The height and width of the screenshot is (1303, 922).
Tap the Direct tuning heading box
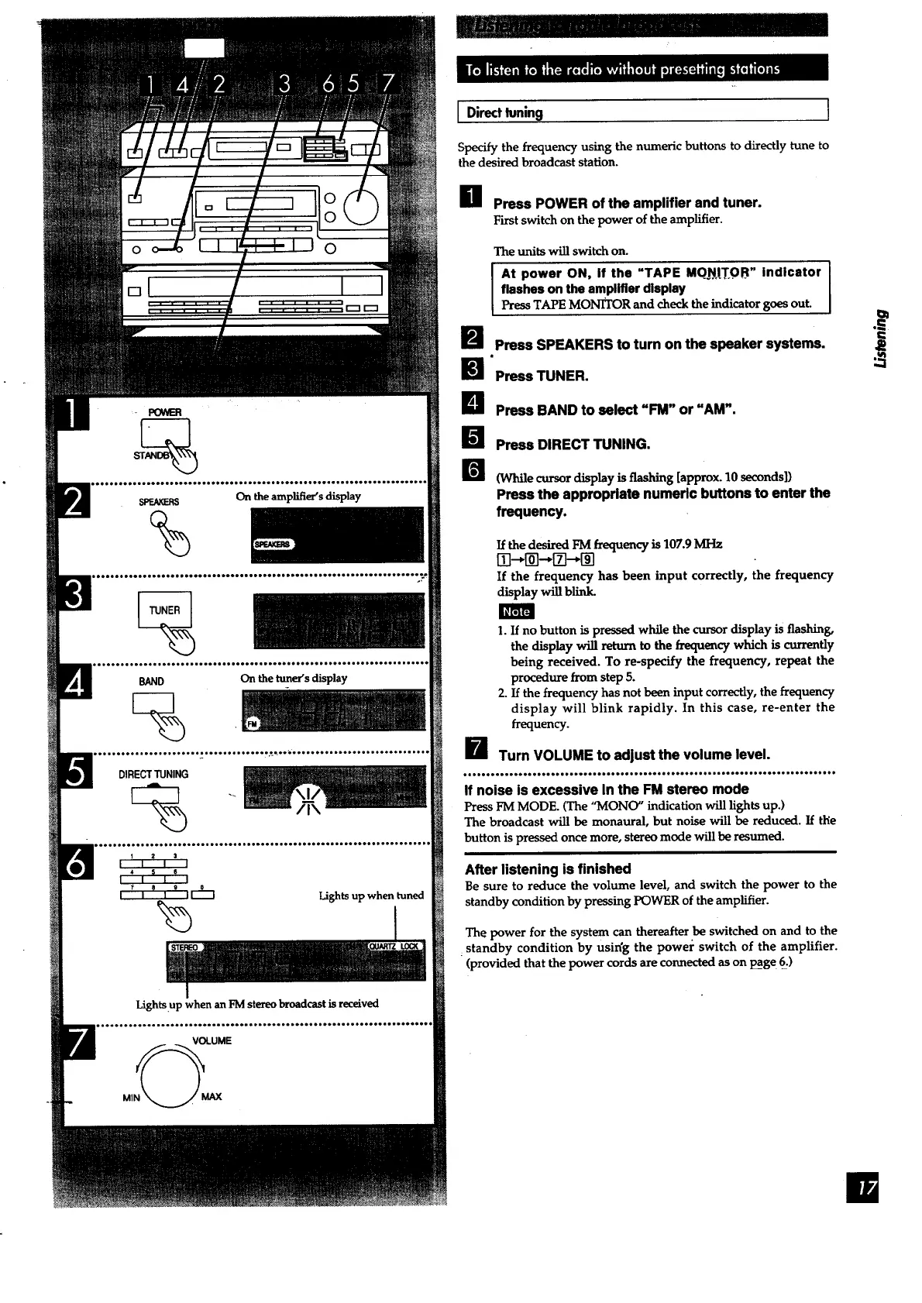pos(643,112)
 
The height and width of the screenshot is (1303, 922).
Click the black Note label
pos(516,611)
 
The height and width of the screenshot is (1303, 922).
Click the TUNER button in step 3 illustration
pos(164,610)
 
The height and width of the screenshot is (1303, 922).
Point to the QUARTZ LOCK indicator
pos(394,946)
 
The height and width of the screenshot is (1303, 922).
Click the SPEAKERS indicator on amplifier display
pos(270,545)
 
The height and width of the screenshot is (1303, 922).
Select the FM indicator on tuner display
pos(251,724)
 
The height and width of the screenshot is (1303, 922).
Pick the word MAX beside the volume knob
pos(211,1097)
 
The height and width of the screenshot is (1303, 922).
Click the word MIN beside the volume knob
pos(131,1098)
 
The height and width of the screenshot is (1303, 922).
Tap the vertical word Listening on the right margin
pos(879,340)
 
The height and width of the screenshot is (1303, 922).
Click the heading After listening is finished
pos(548,868)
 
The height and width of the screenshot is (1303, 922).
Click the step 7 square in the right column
pos(473,750)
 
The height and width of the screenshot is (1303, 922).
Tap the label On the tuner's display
pos(294,679)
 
